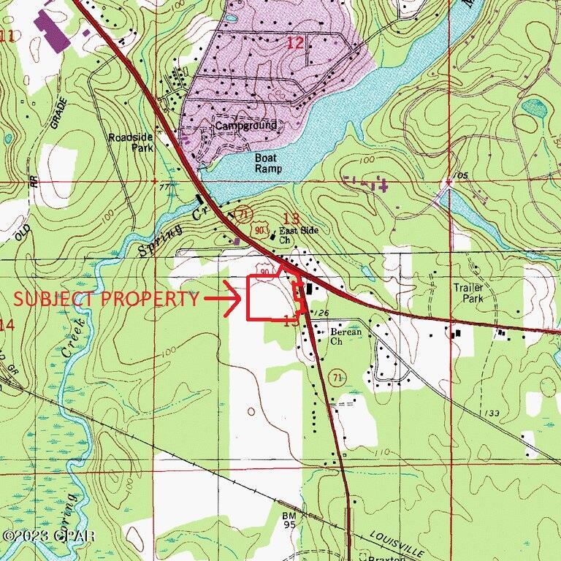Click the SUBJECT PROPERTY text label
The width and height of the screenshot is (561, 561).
(107, 299)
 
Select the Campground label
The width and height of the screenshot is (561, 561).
(245, 126)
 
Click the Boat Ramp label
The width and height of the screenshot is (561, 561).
(267, 163)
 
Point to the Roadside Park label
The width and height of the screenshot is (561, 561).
(129, 142)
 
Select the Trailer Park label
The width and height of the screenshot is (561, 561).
(468, 293)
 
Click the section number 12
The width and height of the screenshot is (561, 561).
(294, 43)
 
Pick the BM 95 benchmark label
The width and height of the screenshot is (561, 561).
(290, 519)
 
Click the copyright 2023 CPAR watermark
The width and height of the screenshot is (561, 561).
(49, 535)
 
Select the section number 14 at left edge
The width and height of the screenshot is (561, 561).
(7, 325)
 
